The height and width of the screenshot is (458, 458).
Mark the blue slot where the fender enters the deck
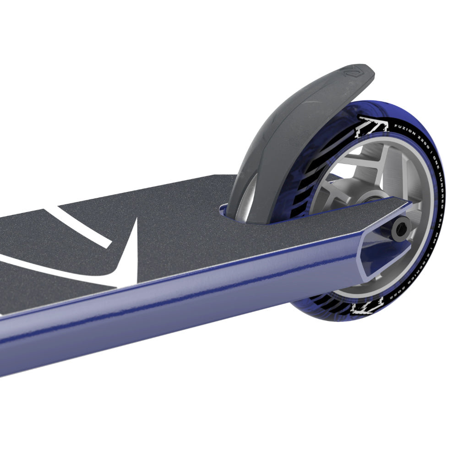(x=224, y=210)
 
